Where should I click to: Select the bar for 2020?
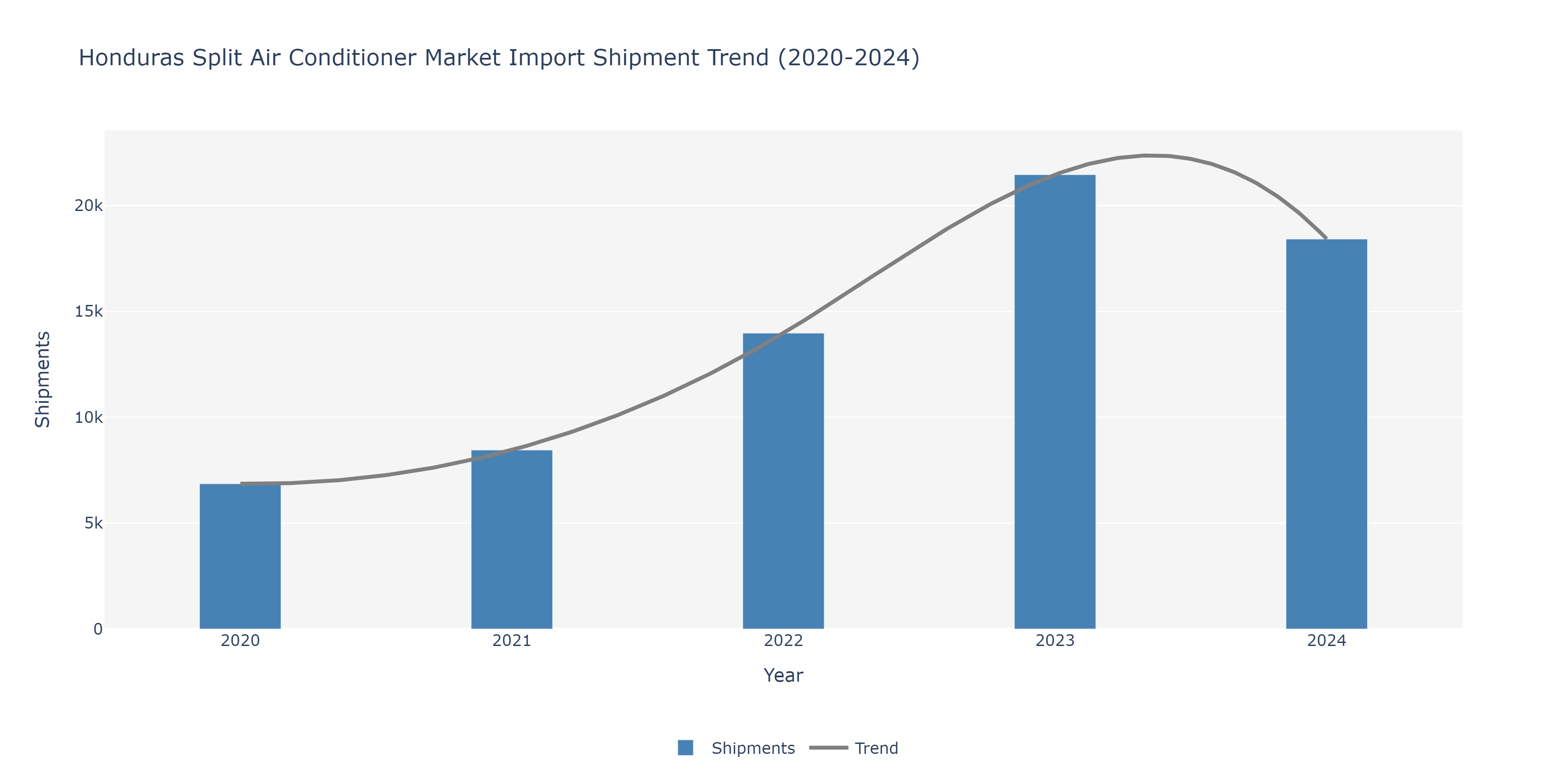240,556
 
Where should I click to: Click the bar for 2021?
511,539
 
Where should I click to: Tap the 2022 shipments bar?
783,481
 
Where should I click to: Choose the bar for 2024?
1326,434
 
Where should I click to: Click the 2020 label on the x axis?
240,641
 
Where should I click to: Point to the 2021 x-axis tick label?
511,641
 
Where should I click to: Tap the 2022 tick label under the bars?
783,641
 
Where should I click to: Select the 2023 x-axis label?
1055,641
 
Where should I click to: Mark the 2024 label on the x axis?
1326,641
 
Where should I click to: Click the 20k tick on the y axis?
89,205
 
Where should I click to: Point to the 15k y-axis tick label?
89,311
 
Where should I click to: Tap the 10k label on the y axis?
89,418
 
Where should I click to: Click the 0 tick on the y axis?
98,629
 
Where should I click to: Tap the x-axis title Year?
783,676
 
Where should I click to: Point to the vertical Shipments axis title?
43,379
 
